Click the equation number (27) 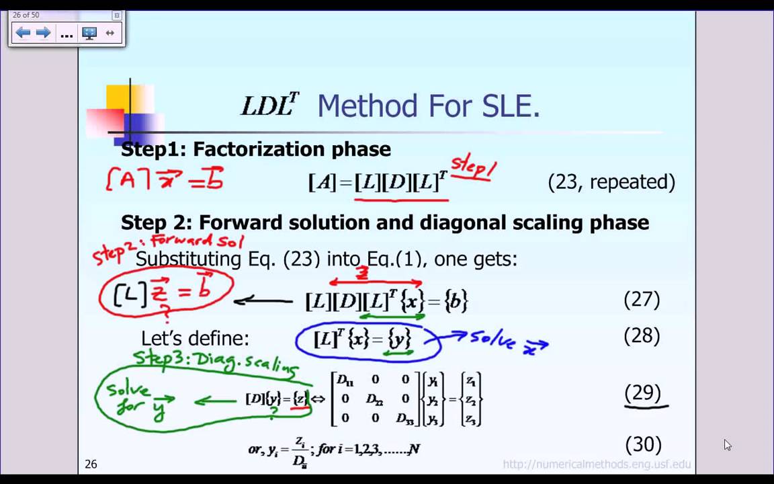[642, 299]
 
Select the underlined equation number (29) [643, 393]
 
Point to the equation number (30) [644, 444]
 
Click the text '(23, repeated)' [611, 182]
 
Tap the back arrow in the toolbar [23, 33]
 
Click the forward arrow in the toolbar [44, 33]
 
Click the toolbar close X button [116, 15]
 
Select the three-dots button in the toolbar [67, 34]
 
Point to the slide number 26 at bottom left [91, 464]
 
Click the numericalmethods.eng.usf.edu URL [597, 464]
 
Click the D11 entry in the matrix [345, 380]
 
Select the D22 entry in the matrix [375, 399]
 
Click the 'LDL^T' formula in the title [269, 106]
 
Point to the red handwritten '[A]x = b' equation [165, 179]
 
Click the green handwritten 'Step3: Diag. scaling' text [215, 361]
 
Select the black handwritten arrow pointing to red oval [263, 301]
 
